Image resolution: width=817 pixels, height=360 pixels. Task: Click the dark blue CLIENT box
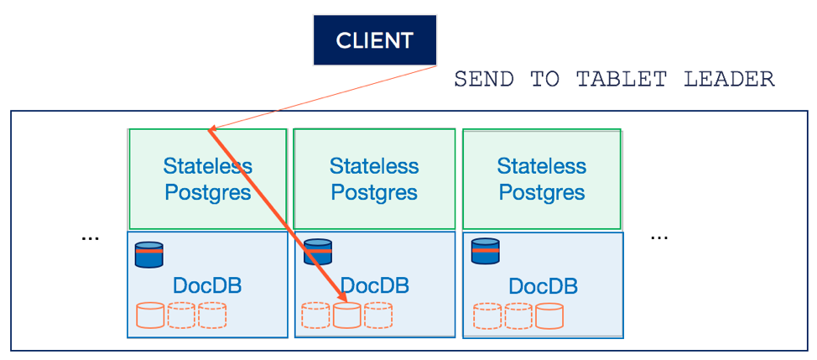(x=375, y=39)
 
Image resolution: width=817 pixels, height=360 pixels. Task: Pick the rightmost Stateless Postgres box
(x=542, y=179)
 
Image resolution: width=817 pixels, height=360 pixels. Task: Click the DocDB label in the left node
(x=207, y=285)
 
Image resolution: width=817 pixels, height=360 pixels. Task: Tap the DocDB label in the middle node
(x=375, y=285)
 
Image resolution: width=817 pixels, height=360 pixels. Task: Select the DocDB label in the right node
(x=543, y=285)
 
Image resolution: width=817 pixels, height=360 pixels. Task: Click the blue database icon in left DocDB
(x=149, y=253)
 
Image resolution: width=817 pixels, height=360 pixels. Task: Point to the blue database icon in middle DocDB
(x=317, y=253)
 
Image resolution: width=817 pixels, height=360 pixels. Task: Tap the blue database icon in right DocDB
(x=485, y=253)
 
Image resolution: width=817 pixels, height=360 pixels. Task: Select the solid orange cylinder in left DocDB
(x=150, y=315)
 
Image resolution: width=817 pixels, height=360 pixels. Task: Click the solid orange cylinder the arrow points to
(x=346, y=315)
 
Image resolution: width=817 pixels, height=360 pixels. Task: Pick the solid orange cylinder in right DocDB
(x=549, y=316)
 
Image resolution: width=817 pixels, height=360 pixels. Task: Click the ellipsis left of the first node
(x=90, y=238)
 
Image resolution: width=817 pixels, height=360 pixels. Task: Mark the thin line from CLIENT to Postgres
(x=327, y=97)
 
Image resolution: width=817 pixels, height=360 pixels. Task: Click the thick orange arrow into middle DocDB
(x=277, y=214)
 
